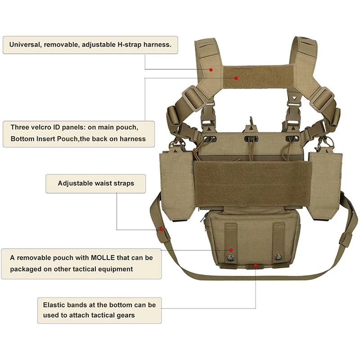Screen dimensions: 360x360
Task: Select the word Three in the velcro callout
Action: pos(20,127)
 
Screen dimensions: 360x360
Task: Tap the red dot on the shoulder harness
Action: pos(211,70)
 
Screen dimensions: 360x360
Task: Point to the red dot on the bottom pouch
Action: pos(231,250)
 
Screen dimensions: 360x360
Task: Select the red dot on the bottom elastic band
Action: pos(255,265)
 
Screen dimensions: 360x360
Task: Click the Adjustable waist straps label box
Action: pos(96,184)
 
